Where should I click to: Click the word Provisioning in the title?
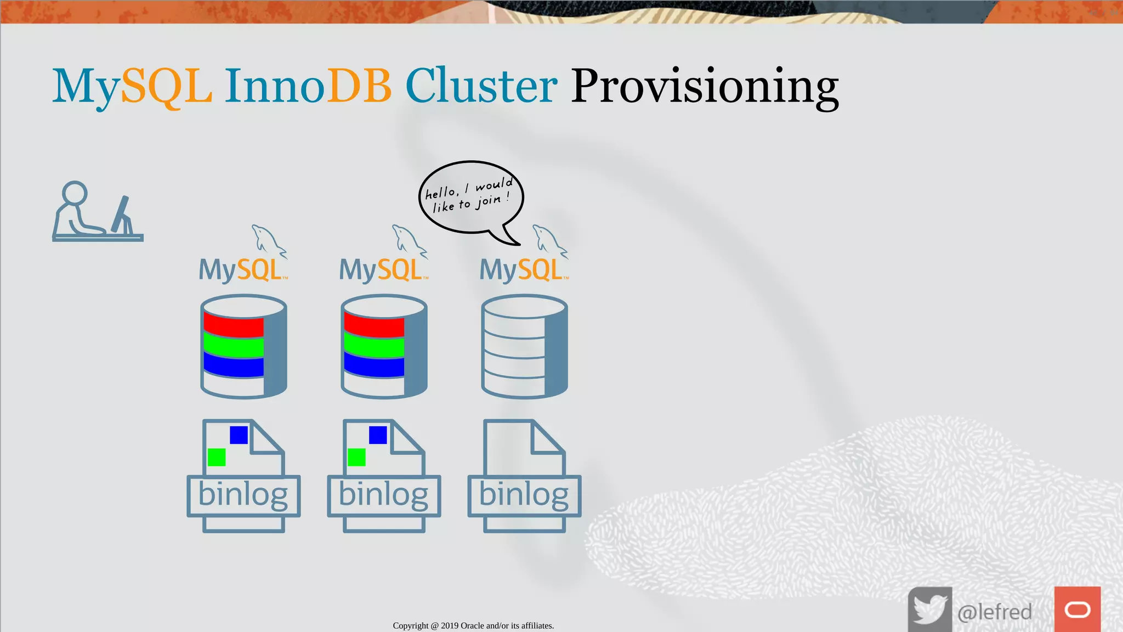click(x=705, y=87)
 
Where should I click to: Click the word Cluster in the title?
click(x=481, y=87)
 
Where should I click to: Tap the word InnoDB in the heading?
click(x=308, y=87)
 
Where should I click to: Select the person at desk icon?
click(x=97, y=212)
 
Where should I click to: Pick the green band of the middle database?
click(x=374, y=347)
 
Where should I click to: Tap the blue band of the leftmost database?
click(x=234, y=365)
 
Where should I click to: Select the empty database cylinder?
click(x=524, y=346)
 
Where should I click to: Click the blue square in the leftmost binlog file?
click(x=239, y=435)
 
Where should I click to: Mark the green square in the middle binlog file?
click(x=356, y=457)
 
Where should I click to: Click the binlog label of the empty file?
click(x=524, y=495)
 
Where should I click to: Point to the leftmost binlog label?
click(x=243, y=495)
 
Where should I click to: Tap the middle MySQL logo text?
click(x=382, y=270)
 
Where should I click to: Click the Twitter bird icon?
click(x=929, y=609)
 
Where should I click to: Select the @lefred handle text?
click(x=994, y=612)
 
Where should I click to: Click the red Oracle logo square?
click(x=1077, y=609)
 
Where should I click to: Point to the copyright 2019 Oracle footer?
click(x=473, y=625)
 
